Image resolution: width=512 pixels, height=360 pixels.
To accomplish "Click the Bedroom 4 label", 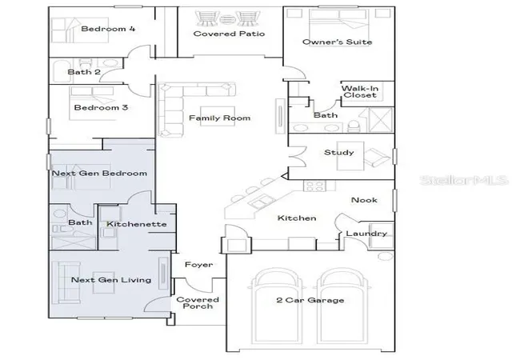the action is (108, 29).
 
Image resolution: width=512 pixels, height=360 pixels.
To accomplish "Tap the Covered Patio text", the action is (229, 34).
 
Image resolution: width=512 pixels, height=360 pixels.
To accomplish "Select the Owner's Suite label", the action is (338, 42).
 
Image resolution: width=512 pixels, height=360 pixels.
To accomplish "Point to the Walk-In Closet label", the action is (360, 92).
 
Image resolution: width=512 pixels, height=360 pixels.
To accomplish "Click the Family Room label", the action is (219, 118).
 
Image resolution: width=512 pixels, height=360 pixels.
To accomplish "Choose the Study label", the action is (339, 152).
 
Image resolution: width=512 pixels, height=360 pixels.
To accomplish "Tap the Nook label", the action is (364, 200).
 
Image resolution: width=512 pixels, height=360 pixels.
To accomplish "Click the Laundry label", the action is (366, 234).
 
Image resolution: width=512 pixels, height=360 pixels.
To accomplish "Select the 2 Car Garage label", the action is (310, 300).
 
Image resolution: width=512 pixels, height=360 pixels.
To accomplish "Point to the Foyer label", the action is (198, 265).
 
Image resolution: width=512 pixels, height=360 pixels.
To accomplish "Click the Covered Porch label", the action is (198, 303).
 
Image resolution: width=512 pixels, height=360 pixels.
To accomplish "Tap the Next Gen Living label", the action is (111, 280).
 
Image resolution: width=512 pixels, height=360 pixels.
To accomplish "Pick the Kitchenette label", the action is (137, 224).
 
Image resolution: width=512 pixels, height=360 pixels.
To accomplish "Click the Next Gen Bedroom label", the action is (99, 173).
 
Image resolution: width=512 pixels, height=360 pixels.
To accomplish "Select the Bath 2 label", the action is (84, 72).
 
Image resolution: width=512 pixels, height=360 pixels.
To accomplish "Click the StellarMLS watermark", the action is (464, 180).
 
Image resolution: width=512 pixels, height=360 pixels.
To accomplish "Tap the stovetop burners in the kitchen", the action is (314, 186).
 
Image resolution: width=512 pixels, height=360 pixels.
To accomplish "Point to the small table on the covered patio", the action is (226, 19).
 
